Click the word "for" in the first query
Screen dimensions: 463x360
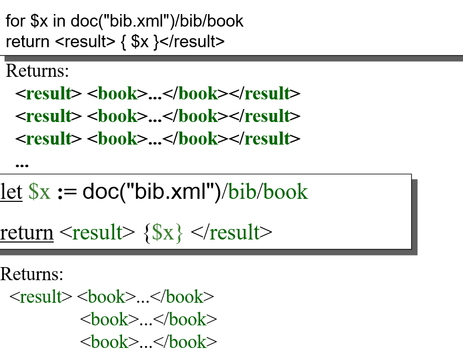click(16, 21)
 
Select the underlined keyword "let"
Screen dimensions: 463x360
click(11, 191)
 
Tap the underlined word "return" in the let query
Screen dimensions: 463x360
click(27, 232)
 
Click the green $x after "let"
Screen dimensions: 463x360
click(39, 192)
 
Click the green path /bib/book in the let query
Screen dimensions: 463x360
click(265, 192)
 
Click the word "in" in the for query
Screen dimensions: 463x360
click(59, 21)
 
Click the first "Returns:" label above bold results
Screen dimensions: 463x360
click(37, 71)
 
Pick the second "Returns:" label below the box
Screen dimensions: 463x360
click(32, 274)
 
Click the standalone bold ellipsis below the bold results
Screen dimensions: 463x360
click(22, 165)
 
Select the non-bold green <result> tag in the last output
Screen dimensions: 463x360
click(41, 297)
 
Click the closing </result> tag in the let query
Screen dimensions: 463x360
click(231, 232)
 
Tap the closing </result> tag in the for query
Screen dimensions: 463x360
click(192, 42)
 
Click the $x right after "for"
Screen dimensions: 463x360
click(39, 22)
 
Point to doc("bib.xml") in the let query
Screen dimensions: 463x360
click(152, 192)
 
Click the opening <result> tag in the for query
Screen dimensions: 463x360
click(85, 42)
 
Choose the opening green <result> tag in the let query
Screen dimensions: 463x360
click(97, 232)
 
